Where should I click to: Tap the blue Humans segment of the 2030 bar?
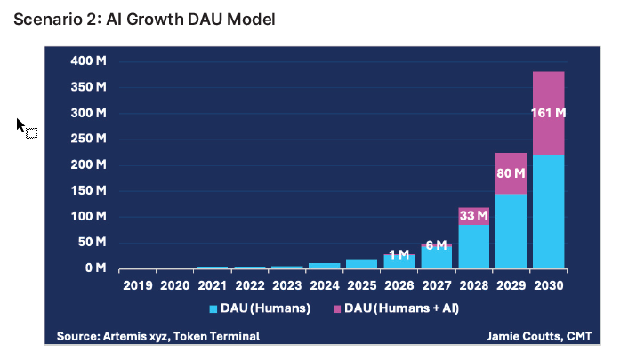pyautogui.click(x=549, y=213)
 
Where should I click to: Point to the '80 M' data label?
pyautogui.click(x=511, y=173)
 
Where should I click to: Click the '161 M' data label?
pyautogui.click(x=548, y=113)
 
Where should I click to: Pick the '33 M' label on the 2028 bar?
pyautogui.click(x=473, y=215)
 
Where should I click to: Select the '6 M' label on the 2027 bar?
pyautogui.click(x=436, y=245)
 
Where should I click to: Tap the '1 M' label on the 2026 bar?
pyautogui.click(x=399, y=254)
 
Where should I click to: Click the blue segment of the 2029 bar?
pyautogui.click(x=511, y=231)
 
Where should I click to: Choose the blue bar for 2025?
pyautogui.click(x=361, y=263)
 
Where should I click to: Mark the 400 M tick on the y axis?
pyautogui.click(x=90, y=61)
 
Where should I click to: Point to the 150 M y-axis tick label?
pyautogui.click(x=90, y=190)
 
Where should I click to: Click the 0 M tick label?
pyautogui.click(x=95, y=268)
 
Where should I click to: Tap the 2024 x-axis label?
pyautogui.click(x=324, y=285)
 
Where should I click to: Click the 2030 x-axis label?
pyautogui.click(x=549, y=285)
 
